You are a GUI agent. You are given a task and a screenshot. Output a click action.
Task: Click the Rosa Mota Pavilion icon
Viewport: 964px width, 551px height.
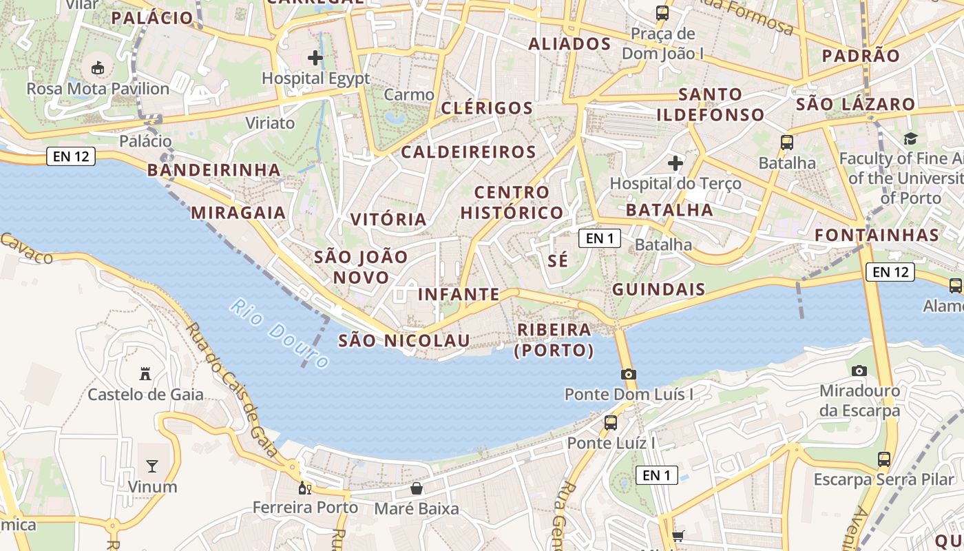97,67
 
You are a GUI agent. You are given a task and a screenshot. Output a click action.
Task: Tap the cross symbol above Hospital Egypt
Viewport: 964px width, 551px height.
315,58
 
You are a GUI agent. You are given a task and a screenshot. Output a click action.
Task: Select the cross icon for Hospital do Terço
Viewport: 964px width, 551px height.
675,163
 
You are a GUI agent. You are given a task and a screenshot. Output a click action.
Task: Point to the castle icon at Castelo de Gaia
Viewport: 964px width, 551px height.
145,374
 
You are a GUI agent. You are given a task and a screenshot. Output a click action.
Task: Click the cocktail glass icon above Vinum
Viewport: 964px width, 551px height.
152,466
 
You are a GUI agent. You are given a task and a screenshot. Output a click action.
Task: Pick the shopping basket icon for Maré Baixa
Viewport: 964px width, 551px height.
417,488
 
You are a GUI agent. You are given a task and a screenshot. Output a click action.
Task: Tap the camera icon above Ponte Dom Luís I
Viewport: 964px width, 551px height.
628,374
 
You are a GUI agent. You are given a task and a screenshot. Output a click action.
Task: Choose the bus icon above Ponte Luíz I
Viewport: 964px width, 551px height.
611,422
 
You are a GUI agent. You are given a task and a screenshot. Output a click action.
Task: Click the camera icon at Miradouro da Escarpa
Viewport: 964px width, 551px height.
859,371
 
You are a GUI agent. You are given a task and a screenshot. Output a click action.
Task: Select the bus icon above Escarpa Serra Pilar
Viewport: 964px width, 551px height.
884,459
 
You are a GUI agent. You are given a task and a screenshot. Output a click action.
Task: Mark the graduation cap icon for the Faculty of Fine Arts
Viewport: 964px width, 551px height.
910,138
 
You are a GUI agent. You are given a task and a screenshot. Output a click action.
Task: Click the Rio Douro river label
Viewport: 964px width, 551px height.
280,333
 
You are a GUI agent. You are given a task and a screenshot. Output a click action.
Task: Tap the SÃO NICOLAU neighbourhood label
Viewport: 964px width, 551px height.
404,340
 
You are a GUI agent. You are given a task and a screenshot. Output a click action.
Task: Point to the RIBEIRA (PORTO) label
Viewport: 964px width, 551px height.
554,340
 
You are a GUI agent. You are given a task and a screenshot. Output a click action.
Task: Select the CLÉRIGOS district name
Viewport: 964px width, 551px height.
487,107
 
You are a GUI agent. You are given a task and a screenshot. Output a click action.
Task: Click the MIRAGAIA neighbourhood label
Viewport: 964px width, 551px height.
238,212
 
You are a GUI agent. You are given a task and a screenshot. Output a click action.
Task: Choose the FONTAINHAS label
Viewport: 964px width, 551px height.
877,235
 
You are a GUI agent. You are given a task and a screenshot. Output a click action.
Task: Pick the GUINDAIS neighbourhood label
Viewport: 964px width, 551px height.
659,289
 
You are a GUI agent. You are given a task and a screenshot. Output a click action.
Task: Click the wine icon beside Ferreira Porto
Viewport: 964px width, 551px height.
304,488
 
